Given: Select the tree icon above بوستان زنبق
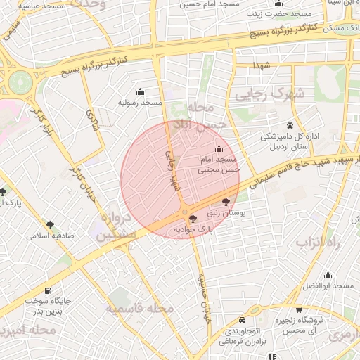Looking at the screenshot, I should pos(225,202).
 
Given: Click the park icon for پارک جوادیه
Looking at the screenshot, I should pos(193,219).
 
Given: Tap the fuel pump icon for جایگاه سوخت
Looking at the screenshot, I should pos(48,291).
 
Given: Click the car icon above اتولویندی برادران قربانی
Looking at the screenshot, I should pos(243,316).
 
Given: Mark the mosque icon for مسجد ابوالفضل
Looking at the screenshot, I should pos(328,275).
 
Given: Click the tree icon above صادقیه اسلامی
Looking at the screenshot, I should pos(50,225).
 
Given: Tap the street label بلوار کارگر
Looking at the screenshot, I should pos(44,121).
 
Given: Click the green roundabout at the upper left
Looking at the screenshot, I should pos(20,83).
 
